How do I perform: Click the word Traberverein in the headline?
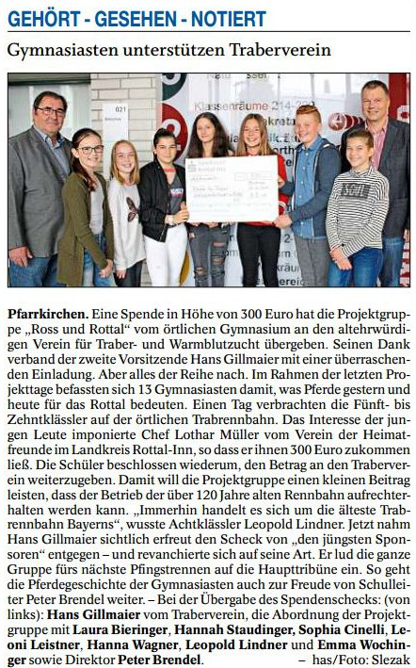(282, 51)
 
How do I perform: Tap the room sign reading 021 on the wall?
(120, 107)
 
